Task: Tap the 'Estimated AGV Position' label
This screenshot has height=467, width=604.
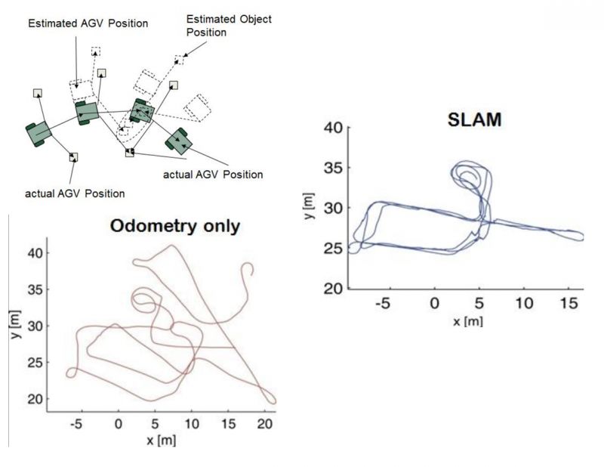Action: (x=88, y=23)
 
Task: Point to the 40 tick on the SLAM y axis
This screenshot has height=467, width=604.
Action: (x=334, y=128)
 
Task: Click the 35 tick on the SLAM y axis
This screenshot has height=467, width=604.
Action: (x=334, y=168)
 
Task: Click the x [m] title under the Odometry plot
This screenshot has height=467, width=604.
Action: (x=160, y=439)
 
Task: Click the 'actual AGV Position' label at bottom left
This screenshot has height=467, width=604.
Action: (x=75, y=193)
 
